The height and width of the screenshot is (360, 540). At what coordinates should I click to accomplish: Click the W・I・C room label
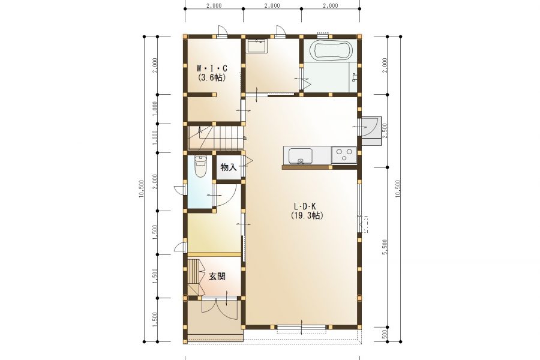[x=211, y=68]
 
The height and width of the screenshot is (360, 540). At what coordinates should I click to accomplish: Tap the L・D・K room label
[x=305, y=206]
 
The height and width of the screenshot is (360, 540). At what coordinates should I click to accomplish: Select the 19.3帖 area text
[x=307, y=215]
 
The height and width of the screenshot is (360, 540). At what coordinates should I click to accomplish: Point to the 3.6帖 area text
[x=211, y=77]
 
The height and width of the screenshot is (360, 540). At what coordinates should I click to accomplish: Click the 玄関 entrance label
[x=217, y=276]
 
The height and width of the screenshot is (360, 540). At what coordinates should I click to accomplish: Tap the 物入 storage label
[x=229, y=168]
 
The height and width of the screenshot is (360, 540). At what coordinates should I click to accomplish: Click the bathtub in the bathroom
[x=332, y=50]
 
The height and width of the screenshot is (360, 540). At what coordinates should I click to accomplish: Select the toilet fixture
[x=200, y=166]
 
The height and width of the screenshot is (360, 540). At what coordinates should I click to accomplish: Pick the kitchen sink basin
[x=301, y=156]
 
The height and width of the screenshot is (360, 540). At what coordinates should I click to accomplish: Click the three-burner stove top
[x=344, y=155]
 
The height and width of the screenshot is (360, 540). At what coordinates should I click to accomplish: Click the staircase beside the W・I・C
[x=215, y=137]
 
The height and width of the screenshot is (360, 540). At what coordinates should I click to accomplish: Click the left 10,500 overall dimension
[x=141, y=189]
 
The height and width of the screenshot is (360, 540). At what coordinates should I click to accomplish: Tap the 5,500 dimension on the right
[x=385, y=247]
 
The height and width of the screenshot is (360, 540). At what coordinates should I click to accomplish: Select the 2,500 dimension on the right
[x=385, y=131]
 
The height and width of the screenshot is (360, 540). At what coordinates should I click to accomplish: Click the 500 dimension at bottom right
[x=385, y=334]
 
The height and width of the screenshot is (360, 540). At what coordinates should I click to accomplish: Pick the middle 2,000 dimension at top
[x=272, y=5]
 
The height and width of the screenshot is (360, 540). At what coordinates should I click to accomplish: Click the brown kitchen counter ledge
[x=307, y=167]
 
